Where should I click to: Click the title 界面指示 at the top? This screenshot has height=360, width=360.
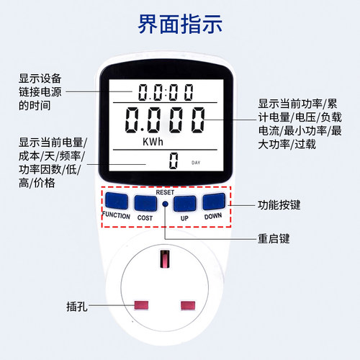click(x=180, y=24)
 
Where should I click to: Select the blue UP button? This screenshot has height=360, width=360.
click(x=184, y=202)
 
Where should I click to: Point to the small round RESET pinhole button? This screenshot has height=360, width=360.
click(x=165, y=204)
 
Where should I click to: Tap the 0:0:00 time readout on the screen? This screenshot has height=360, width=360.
click(x=166, y=92)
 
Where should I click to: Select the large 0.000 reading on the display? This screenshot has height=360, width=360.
click(x=165, y=118)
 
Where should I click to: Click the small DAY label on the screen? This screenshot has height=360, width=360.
click(x=196, y=163)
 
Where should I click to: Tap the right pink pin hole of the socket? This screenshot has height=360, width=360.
click(x=189, y=305)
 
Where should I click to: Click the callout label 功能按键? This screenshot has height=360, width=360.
click(x=278, y=205)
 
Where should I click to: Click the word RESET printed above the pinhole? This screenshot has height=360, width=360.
click(x=165, y=192)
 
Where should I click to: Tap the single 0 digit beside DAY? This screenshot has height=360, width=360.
click(x=173, y=161)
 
